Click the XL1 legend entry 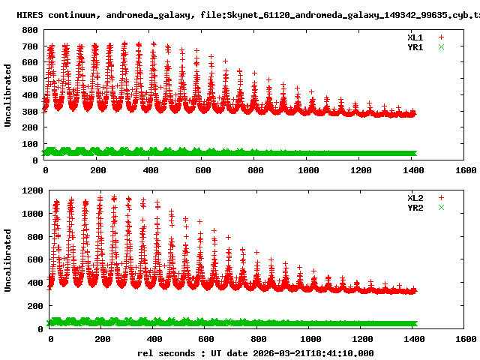click(x=416, y=37)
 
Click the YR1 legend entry click(x=416, y=46)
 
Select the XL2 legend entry click(x=416, y=197)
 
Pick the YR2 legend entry click(x=416, y=207)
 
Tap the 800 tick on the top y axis click(x=31, y=30)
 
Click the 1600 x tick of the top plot click(x=465, y=170)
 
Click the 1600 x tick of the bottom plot click(x=465, y=339)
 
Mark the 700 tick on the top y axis click(x=31, y=46)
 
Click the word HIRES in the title click(x=31, y=14)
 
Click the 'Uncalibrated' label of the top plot click(x=8, y=95)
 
